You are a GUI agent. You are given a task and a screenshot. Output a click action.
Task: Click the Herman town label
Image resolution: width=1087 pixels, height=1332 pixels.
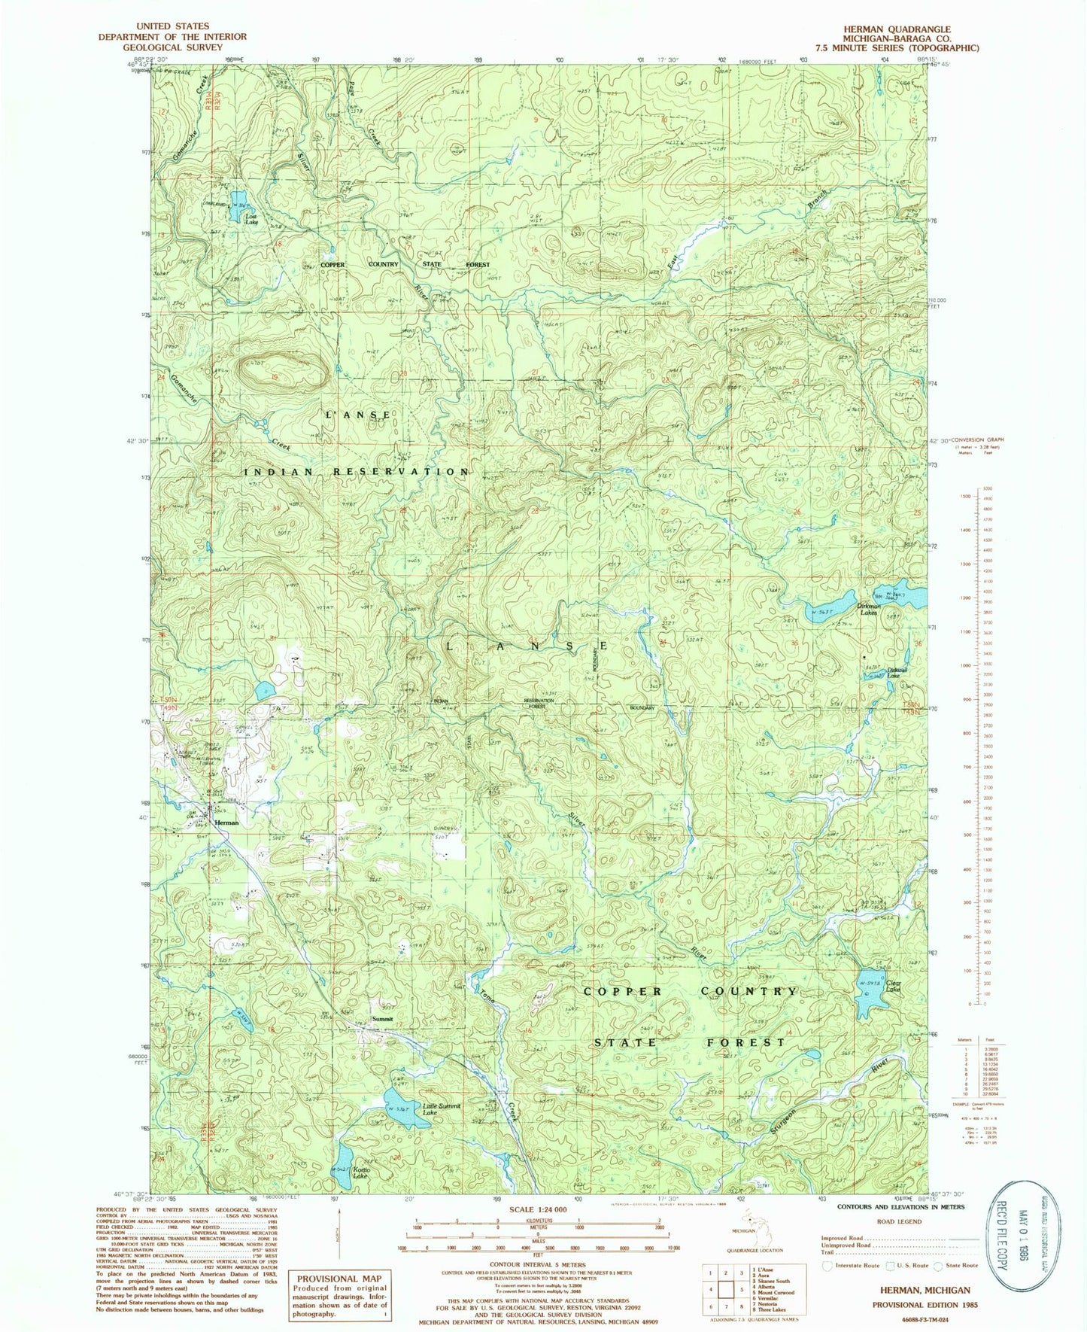226,823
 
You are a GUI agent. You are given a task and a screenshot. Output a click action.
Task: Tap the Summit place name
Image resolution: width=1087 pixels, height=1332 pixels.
382,1019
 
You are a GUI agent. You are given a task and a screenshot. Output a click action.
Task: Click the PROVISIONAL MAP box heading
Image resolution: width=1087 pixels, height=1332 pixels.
340,1279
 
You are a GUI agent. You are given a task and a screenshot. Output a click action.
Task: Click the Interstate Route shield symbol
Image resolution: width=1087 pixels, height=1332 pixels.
827,1265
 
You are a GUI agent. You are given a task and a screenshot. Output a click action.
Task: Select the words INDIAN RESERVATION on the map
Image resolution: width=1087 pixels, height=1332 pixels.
357,472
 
